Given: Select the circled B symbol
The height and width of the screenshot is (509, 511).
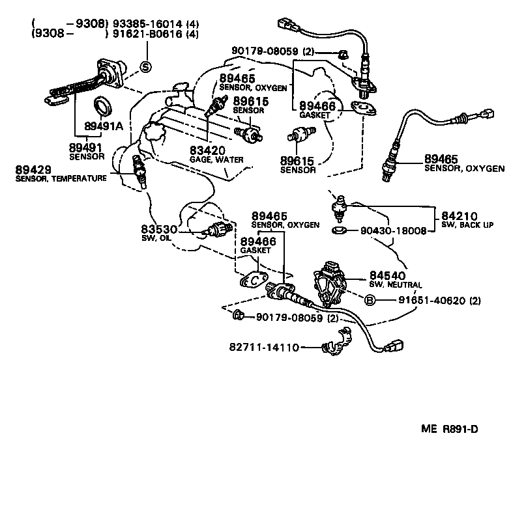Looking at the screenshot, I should point(369,300).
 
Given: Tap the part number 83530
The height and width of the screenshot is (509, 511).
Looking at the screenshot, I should point(160,230).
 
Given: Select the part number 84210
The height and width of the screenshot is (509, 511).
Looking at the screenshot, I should point(460,216).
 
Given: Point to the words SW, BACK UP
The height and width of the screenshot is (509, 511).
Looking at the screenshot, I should point(467,225).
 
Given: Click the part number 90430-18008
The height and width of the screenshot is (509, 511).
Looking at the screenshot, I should point(385,230).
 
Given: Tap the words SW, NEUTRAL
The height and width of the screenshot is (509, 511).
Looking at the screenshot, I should point(396,285).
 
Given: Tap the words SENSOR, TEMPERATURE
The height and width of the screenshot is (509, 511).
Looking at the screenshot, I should point(61,178).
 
